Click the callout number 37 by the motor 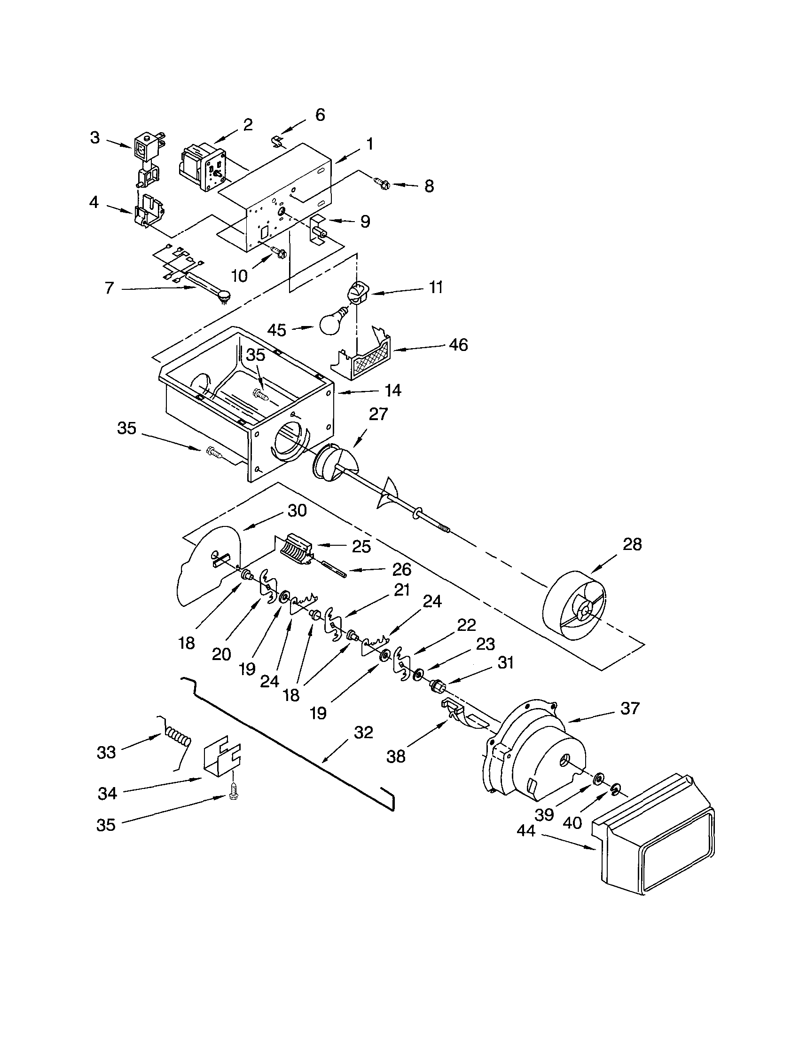629,708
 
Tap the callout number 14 393,390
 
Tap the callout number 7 110,287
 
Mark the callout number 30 297,510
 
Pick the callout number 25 361,547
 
